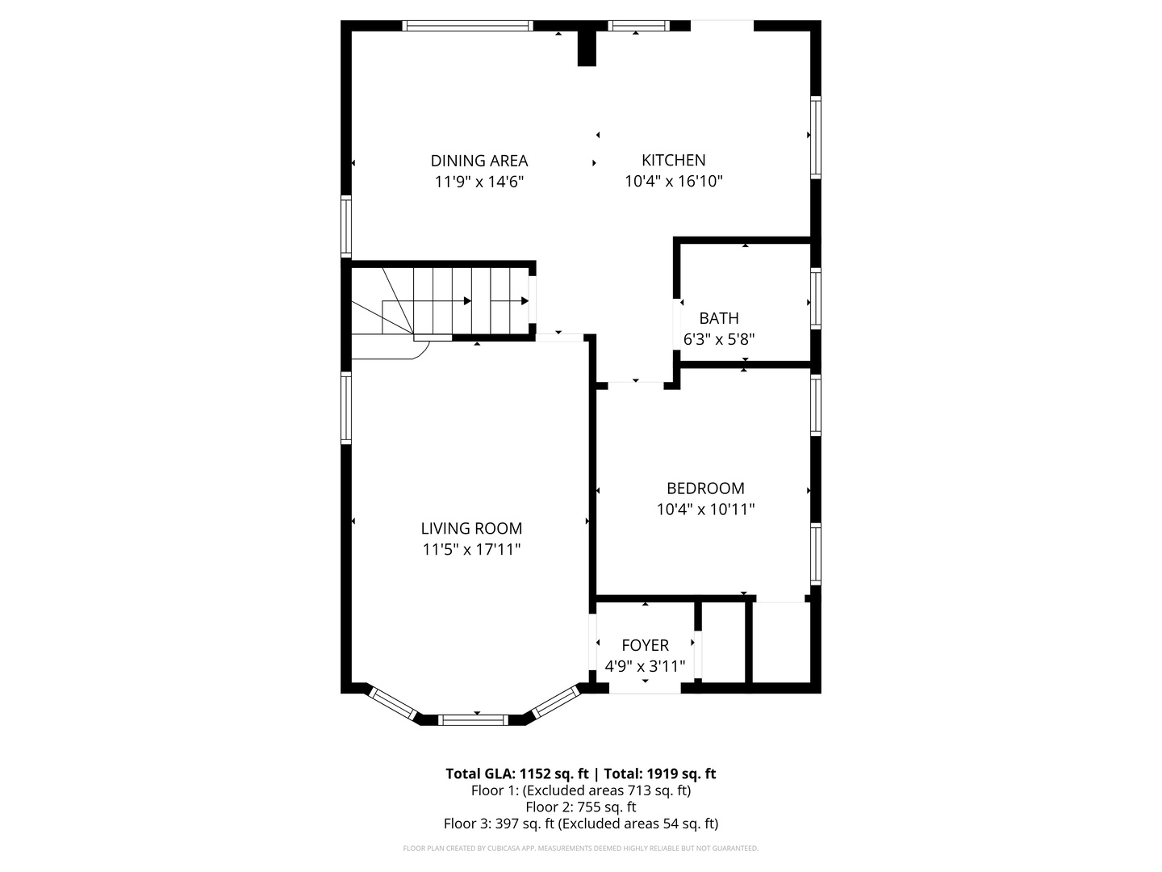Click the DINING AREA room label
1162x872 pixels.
click(x=479, y=161)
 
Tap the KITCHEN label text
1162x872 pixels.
click(x=673, y=160)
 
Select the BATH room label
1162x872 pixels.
click(x=719, y=318)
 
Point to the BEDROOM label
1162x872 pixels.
click(x=705, y=488)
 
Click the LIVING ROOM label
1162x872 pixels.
click(x=471, y=529)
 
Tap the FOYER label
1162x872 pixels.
click(x=645, y=645)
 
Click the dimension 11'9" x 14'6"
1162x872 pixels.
click(x=479, y=182)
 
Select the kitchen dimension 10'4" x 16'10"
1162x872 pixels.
click(x=673, y=182)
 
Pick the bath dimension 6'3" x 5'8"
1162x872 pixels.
click(x=719, y=340)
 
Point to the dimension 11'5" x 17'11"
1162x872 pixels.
click(x=471, y=550)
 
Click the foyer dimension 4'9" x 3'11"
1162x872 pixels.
click(x=645, y=667)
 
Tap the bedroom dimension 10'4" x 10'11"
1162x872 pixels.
click(x=705, y=509)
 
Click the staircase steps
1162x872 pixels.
click(x=452, y=300)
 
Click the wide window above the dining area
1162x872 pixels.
click(x=467, y=26)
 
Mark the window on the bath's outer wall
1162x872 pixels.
click(x=816, y=299)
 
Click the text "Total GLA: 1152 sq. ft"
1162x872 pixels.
click(x=517, y=773)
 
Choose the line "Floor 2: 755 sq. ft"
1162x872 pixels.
click(x=580, y=807)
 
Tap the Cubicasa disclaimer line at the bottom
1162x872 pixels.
click(x=580, y=849)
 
